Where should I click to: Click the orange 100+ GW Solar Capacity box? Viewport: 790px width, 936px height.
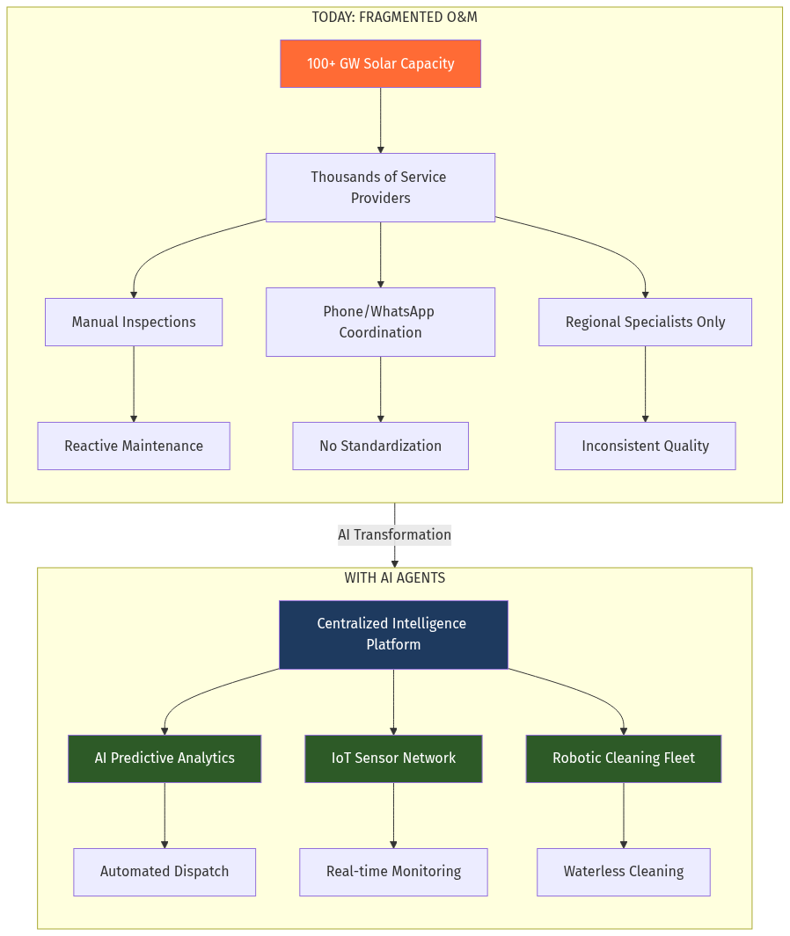click(380, 63)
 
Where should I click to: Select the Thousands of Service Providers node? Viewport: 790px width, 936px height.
click(380, 187)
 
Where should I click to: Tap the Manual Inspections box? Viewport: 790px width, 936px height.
click(134, 322)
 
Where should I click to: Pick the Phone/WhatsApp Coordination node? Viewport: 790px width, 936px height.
click(380, 322)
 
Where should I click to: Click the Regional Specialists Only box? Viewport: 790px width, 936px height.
click(645, 322)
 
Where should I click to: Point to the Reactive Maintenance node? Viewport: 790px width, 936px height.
click(134, 446)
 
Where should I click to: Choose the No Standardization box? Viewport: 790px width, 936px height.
click(380, 446)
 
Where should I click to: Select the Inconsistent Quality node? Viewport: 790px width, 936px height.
click(645, 446)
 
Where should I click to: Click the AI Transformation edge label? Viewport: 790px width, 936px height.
click(394, 534)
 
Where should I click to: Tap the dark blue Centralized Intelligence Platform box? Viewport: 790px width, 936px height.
click(393, 634)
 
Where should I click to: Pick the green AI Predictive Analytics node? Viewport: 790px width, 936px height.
click(165, 758)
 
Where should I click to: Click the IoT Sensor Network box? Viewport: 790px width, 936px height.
click(393, 758)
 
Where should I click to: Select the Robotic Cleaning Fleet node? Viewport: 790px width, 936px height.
click(623, 758)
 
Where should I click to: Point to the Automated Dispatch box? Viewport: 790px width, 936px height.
click(165, 871)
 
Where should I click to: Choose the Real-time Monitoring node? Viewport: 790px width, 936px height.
click(393, 871)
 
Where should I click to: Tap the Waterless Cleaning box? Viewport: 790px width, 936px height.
click(623, 871)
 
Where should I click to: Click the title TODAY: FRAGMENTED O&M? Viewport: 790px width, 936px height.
click(394, 17)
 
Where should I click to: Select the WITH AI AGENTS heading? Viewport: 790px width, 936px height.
click(394, 577)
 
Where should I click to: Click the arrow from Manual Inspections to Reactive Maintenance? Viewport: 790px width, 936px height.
click(134, 384)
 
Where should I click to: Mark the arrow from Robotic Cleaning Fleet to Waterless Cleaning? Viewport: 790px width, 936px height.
click(624, 815)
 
